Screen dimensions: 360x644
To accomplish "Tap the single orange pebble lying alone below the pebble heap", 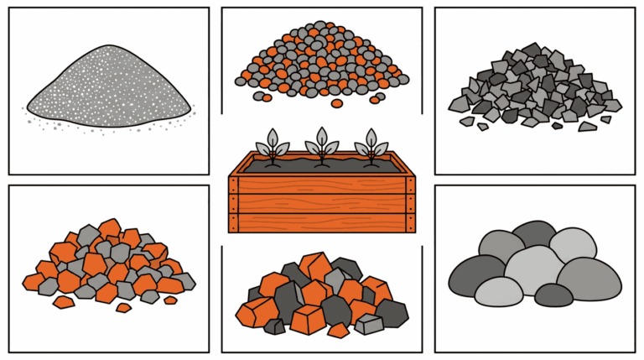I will [336, 103].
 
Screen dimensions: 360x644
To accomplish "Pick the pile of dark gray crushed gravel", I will [537, 88].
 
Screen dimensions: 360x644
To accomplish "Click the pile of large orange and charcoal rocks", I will [323, 294].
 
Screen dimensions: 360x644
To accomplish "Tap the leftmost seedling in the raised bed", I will [273, 145].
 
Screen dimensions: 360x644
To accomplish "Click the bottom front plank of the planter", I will [323, 222].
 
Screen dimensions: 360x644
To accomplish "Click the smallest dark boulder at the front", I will [553, 295].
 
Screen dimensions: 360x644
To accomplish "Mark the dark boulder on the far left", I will [473, 274].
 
